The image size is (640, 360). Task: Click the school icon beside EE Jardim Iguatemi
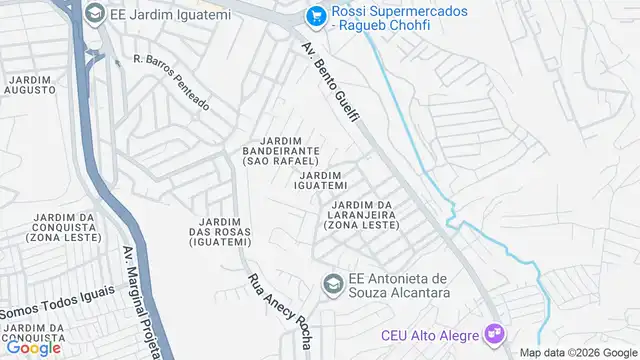(x=94, y=13)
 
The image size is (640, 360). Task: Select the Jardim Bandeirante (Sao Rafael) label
(x=280, y=150)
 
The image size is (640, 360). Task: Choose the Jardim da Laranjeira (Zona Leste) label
(x=361, y=215)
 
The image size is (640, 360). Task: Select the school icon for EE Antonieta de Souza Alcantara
(x=329, y=285)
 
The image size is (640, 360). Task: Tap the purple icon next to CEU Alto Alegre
(x=492, y=331)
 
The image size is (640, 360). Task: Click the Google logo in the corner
(x=32, y=348)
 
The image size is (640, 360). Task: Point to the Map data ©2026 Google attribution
(x=576, y=352)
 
